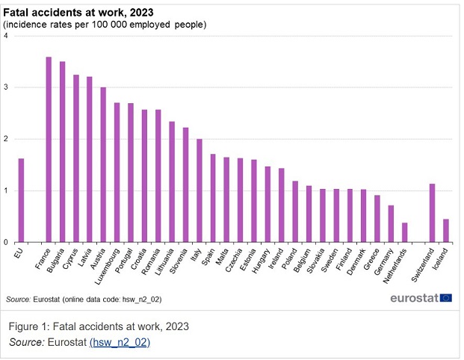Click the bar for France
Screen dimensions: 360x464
[x=49, y=149]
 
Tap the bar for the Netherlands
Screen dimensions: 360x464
[x=404, y=232]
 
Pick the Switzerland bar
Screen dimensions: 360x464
[x=432, y=213]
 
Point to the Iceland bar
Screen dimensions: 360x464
[x=446, y=230]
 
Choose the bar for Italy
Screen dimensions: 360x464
[x=199, y=190]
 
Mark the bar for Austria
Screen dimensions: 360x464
[x=103, y=164]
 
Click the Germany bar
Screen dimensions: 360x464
[x=391, y=223]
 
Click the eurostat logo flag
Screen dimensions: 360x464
[x=446, y=298]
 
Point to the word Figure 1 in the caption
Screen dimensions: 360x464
[x=34, y=326]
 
